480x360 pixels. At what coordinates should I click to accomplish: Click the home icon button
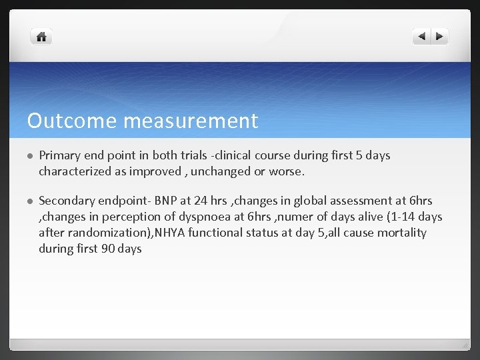click(41, 37)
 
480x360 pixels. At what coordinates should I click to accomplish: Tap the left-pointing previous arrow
click(422, 37)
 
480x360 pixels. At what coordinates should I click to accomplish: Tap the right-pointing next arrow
click(440, 37)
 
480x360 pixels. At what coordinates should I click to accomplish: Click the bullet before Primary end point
click(30, 156)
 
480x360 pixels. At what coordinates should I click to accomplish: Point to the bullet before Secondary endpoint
click(30, 201)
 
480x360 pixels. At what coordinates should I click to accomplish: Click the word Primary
click(60, 155)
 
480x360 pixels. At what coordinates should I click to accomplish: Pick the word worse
click(287, 171)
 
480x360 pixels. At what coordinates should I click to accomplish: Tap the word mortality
click(401, 233)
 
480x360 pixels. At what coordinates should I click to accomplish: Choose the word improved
click(154, 171)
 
